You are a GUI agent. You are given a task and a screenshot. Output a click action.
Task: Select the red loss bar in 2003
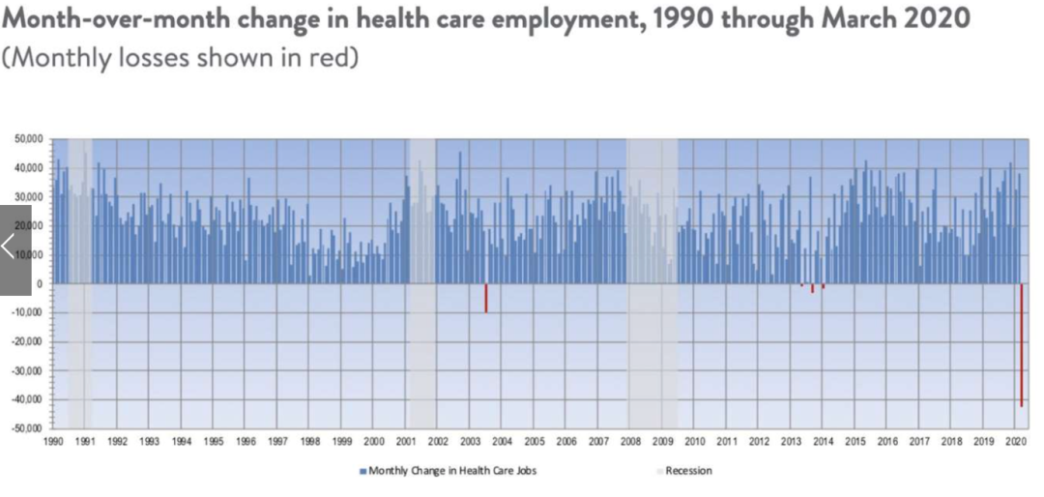[x=486, y=298]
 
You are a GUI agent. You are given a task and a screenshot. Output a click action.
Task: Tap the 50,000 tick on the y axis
[x=28, y=139]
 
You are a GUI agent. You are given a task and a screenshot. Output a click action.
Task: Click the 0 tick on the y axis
[x=40, y=284]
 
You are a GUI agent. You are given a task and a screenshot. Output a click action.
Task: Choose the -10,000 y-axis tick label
[x=27, y=312]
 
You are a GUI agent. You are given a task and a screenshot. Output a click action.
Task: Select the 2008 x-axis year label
[x=630, y=442]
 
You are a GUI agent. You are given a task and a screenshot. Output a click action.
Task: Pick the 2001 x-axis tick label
[x=406, y=442]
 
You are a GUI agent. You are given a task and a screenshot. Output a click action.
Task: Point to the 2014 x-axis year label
[x=823, y=442]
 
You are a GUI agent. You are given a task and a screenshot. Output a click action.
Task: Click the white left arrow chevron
[x=10, y=247]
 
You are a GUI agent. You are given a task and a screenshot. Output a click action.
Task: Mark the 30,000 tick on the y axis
[x=28, y=197]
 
